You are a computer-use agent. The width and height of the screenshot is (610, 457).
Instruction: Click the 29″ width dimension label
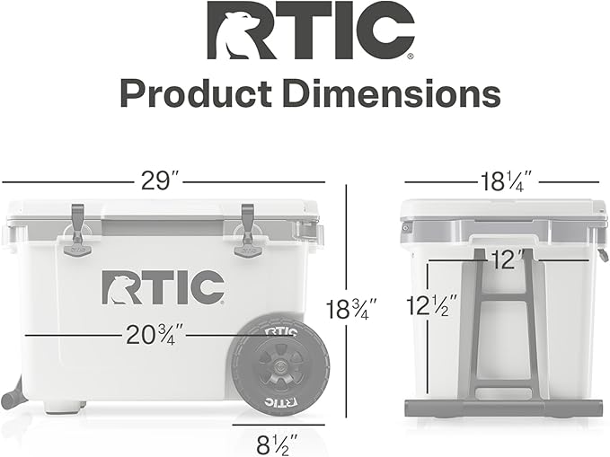coord(156,180)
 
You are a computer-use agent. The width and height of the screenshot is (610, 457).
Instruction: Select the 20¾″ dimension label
coord(155,335)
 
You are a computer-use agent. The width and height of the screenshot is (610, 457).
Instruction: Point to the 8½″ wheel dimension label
coord(278,444)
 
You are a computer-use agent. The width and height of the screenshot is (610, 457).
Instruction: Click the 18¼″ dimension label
coord(505,181)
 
